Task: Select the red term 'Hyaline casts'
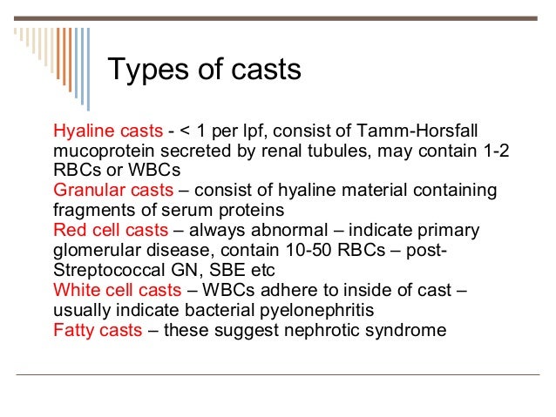[x=108, y=131]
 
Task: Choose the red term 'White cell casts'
[x=116, y=290]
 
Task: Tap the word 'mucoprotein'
[x=105, y=151]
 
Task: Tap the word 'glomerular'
[x=98, y=250]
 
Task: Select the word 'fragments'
[x=92, y=210]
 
